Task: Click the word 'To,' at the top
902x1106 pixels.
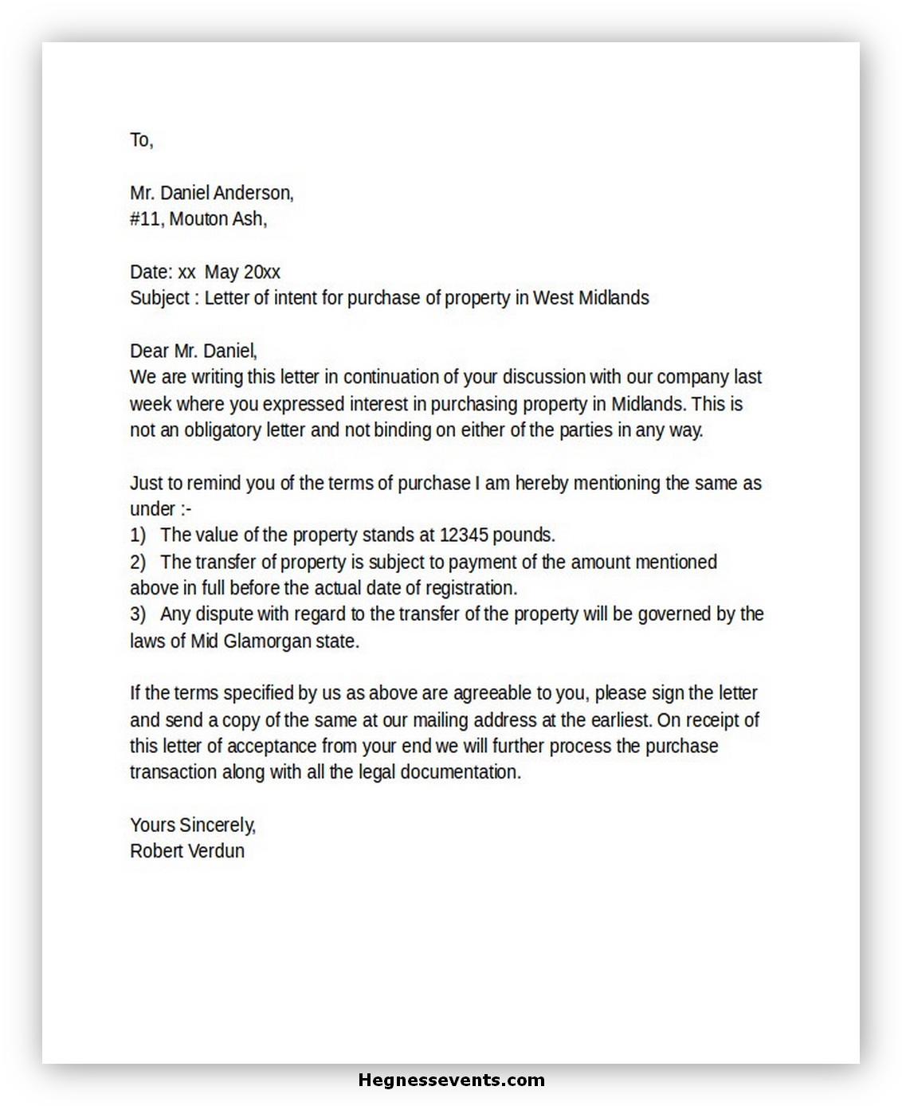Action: [141, 140]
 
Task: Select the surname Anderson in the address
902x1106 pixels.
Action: [253, 193]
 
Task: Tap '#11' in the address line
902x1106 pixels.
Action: [146, 219]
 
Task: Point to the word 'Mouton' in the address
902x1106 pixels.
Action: [198, 219]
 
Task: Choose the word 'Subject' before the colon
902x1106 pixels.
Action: [159, 298]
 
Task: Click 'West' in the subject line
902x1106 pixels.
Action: [552, 298]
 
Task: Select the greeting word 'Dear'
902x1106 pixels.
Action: [149, 351]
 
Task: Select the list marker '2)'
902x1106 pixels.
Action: [138, 562]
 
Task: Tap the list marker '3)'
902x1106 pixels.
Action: [138, 614]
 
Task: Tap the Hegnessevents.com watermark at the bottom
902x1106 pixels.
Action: [452, 1081]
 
